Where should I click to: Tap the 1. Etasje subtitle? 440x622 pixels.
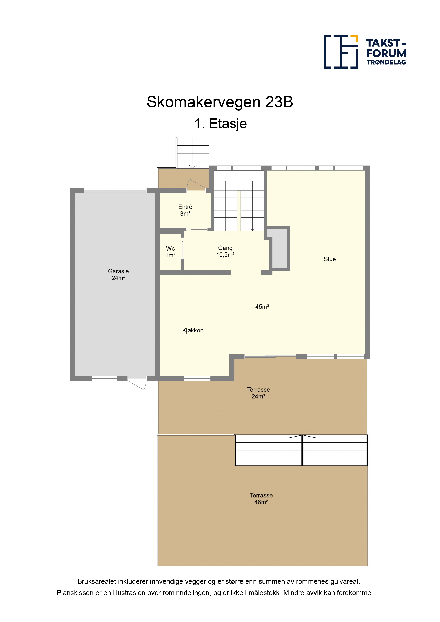pos(220,124)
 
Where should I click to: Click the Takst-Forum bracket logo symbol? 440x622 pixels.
pos(341,52)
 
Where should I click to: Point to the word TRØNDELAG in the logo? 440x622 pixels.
pos(386,62)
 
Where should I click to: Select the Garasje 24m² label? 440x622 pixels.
pos(118,274)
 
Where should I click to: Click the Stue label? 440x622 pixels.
pos(330,259)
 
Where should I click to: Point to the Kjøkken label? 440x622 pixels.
pos(193,331)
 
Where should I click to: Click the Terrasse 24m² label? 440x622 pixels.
pos(258,393)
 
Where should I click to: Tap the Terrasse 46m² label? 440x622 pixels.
pos(261,499)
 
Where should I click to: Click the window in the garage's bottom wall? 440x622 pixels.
pos(104,378)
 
